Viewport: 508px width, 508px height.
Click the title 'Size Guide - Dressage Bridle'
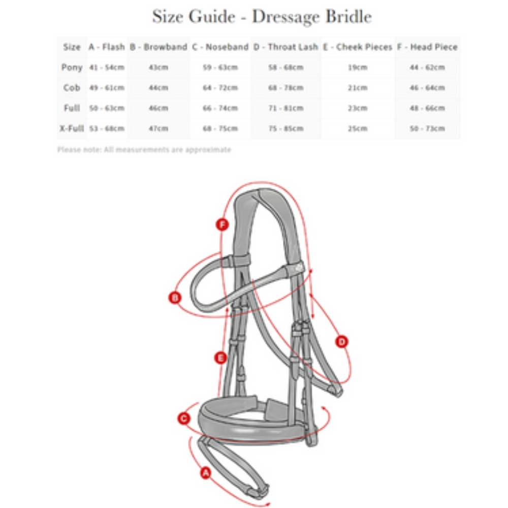click(x=262, y=17)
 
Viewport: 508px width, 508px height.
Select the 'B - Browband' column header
click(x=158, y=47)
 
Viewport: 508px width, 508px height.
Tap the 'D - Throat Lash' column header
click(x=285, y=47)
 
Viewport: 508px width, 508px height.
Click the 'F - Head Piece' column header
click(x=427, y=47)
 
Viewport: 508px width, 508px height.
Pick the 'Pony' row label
click(x=72, y=67)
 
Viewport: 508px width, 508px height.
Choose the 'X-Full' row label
click(x=71, y=128)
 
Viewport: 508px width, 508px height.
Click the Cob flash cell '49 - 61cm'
click(x=107, y=88)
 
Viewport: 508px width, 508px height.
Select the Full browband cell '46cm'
click(x=158, y=108)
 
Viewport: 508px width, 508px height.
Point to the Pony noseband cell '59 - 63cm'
click(x=220, y=68)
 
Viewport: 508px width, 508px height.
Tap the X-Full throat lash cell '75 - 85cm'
click(x=285, y=129)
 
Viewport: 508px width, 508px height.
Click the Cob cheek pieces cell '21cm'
click(x=358, y=88)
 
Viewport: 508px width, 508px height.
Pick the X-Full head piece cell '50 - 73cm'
click(x=427, y=129)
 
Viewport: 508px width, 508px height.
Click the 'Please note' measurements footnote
click(x=144, y=149)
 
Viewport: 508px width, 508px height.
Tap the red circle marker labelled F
click(x=222, y=225)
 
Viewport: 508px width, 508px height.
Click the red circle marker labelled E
click(x=220, y=358)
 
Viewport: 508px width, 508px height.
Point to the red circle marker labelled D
click(x=342, y=341)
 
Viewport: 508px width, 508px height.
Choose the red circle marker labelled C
click(x=184, y=419)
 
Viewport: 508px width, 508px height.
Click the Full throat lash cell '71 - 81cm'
click(x=285, y=108)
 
